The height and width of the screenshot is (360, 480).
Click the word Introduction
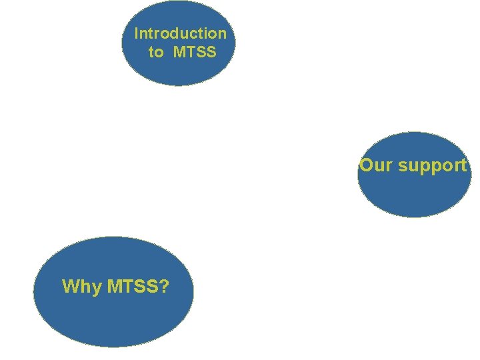pyautogui.click(x=180, y=33)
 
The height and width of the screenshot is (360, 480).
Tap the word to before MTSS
pyautogui.click(x=155, y=52)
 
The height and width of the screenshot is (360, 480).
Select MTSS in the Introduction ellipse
pyautogui.click(x=195, y=52)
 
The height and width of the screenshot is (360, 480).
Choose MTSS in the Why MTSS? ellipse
pyautogui.click(x=130, y=287)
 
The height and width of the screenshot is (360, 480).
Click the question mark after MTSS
pyautogui.click(x=165, y=287)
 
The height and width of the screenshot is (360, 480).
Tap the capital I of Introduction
pyautogui.click(x=137, y=33)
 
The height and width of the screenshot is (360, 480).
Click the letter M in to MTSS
pyautogui.click(x=179, y=52)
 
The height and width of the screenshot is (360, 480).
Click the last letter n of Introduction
pyautogui.click(x=222, y=33)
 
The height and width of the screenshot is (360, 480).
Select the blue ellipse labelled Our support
pyautogui.click(x=413, y=193)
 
